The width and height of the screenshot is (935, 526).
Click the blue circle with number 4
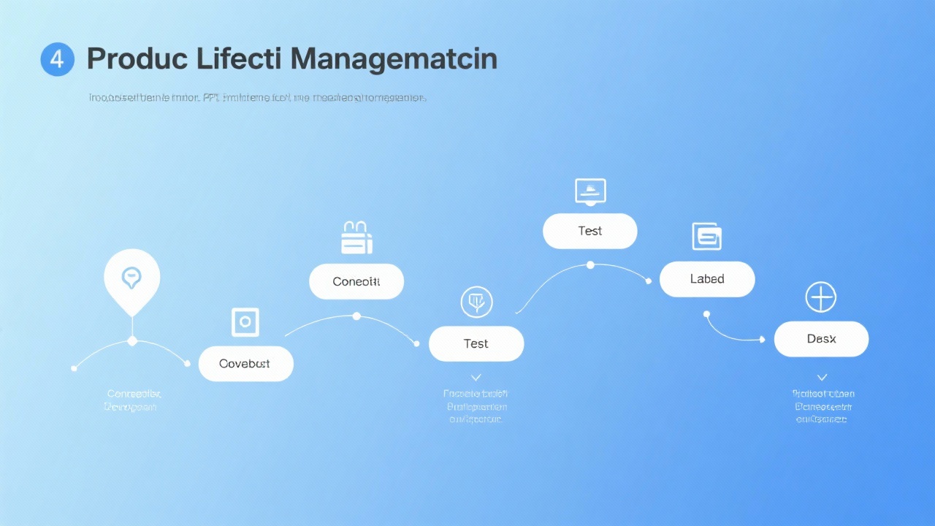point(57,59)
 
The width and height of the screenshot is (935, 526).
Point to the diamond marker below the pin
point(132,341)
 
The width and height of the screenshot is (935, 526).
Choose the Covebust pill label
point(245,364)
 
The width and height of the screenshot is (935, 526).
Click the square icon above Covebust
point(245,321)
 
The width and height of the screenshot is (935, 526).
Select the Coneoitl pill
point(356,281)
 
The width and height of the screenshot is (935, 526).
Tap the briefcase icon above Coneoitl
point(356,238)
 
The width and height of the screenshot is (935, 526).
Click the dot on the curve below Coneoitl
point(356,316)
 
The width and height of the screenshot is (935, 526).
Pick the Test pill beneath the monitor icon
point(590,231)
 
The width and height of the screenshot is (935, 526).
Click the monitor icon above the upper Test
point(590,191)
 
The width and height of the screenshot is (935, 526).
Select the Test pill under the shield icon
point(476,343)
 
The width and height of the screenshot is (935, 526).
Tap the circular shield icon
point(476,301)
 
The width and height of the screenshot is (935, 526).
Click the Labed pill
point(707,279)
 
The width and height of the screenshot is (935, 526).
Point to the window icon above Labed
point(707,236)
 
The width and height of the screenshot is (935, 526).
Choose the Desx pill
point(821,339)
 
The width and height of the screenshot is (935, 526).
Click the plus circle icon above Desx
point(820,298)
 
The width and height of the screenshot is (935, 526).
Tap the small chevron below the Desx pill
point(822,378)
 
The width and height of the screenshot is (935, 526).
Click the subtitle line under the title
point(257,97)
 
